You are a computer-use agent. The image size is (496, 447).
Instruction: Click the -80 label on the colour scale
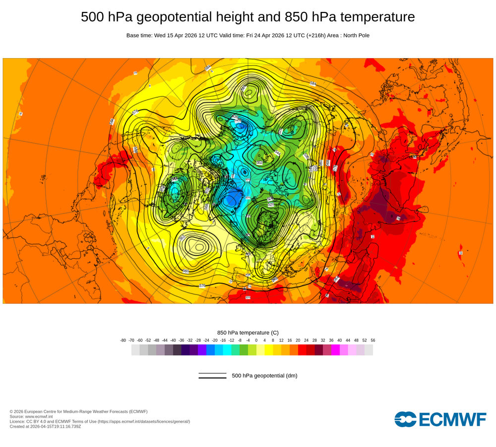pyautogui.click(x=123, y=340)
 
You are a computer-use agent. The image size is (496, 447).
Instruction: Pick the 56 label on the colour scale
pyautogui.click(x=372, y=340)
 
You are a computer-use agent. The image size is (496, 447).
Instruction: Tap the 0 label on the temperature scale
pyautogui.click(x=256, y=340)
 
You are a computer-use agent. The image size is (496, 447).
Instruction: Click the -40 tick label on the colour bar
pyautogui.click(x=173, y=340)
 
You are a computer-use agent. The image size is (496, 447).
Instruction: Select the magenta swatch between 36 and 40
pyautogui.click(x=335, y=350)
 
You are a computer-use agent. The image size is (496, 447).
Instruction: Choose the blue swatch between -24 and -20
pyautogui.click(x=210, y=350)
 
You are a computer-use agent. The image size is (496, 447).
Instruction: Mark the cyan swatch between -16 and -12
pyautogui.click(x=227, y=350)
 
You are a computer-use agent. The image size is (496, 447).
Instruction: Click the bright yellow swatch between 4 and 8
pyautogui.click(x=269, y=350)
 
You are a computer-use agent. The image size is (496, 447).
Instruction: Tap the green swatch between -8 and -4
pyautogui.click(x=244, y=350)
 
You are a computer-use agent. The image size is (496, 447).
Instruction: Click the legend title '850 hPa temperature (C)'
pyautogui.click(x=248, y=332)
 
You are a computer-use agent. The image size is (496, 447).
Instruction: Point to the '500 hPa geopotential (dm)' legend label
pyautogui.click(x=264, y=375)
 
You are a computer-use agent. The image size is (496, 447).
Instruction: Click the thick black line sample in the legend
pyautogui.click(x=212, y=378)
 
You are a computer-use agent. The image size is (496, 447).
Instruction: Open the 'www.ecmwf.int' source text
pyautogui.click(x=41, y=416)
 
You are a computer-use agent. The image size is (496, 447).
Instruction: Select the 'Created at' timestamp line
pyautogui.click(x=45, y=426)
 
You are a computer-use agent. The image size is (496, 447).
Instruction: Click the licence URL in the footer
pyautogui.click(x=143, y=421)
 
